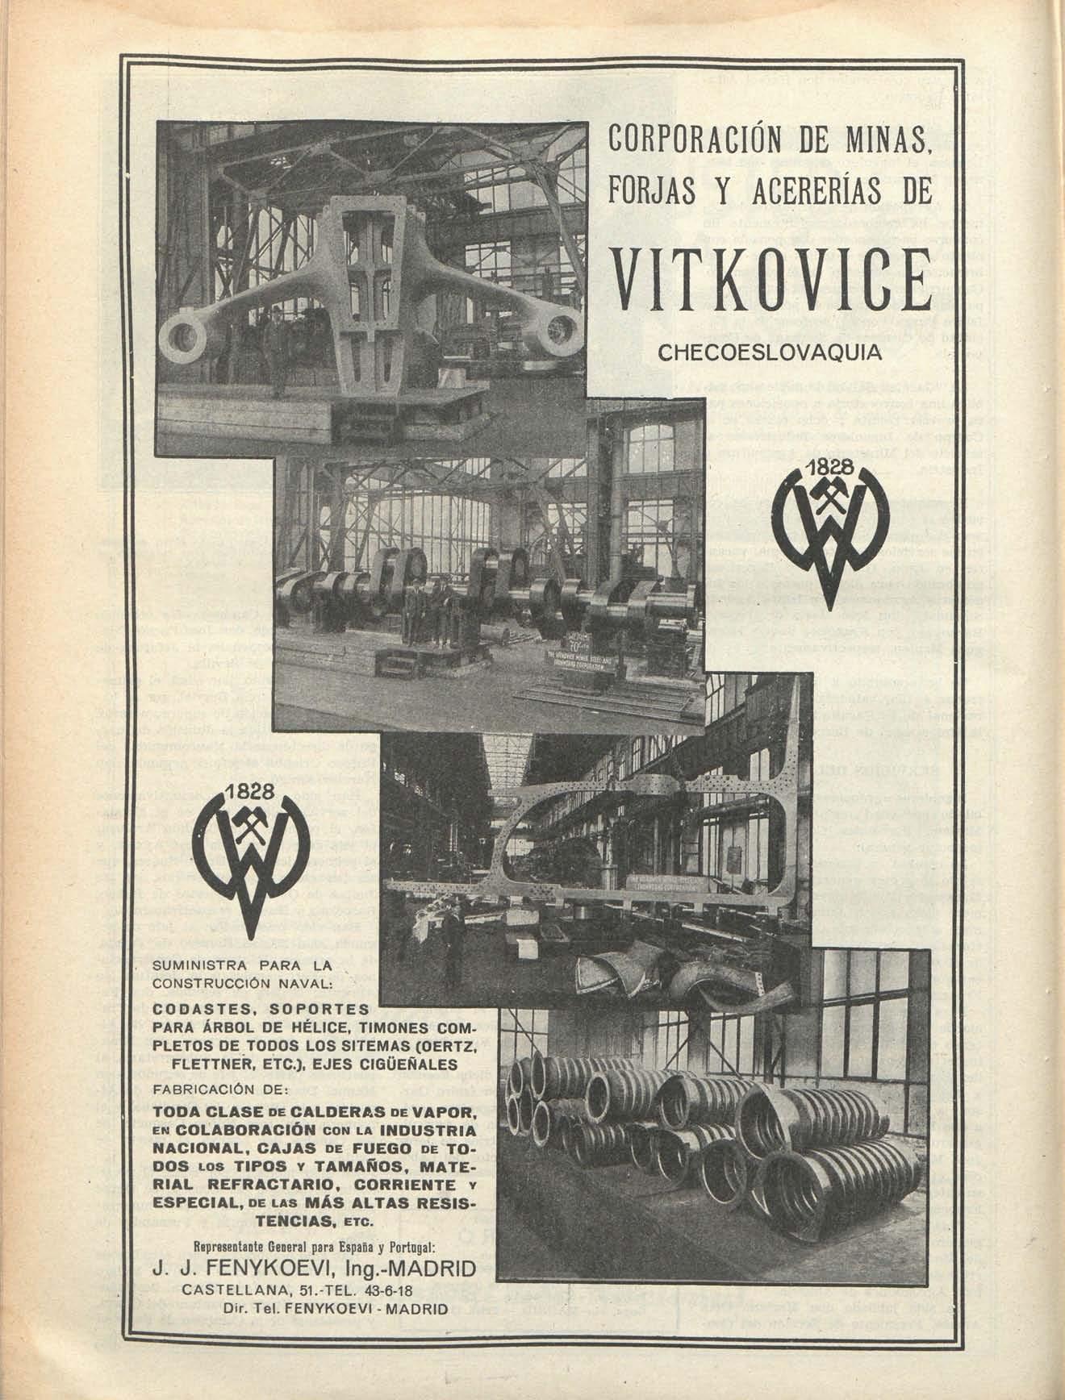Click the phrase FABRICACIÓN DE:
[x=219, y=1089]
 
